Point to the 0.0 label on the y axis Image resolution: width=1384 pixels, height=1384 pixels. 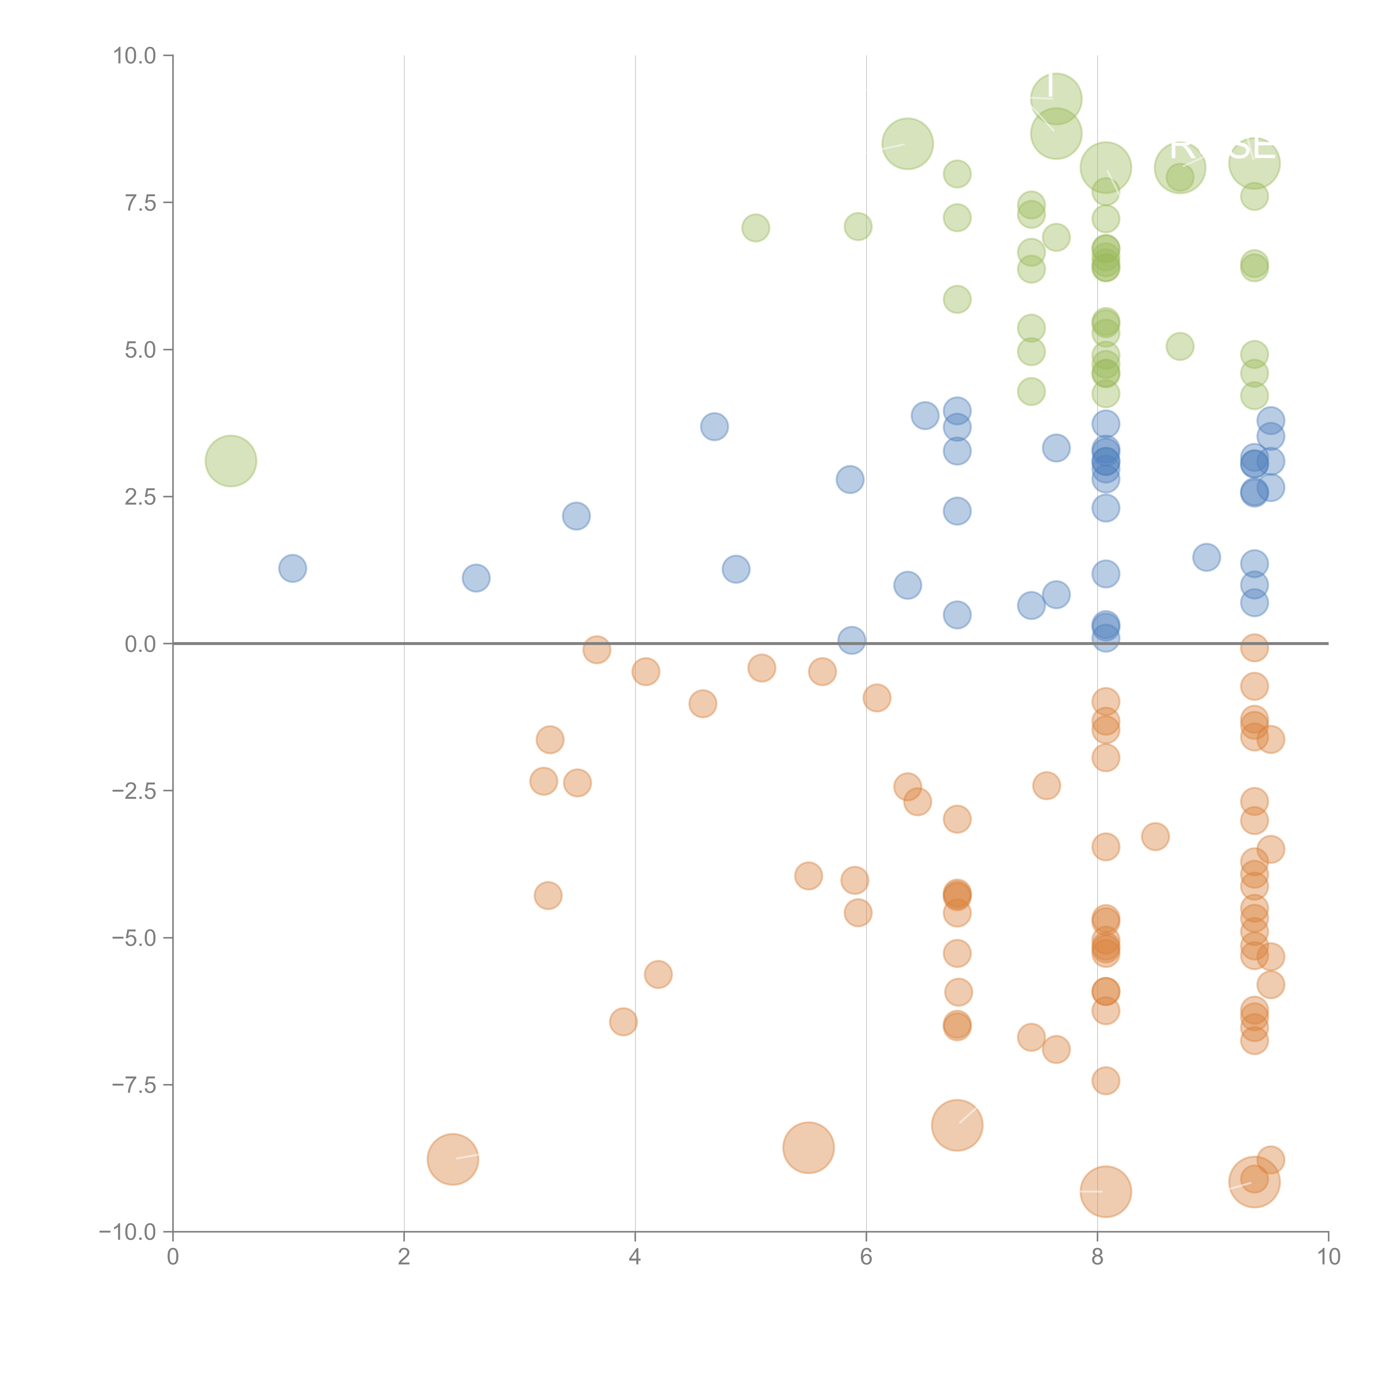[x=140, y=644]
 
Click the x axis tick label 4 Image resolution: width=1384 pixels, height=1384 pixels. [x=635, y=1257]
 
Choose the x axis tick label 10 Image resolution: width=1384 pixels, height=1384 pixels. [x=1328, y=1257]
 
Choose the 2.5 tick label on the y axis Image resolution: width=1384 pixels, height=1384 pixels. [x=140, y=497]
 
